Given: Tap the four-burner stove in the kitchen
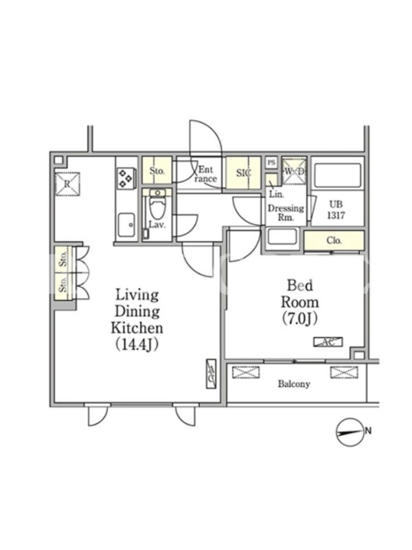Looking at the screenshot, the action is tap(126, 179).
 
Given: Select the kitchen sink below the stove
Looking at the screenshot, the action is tap(126, 225).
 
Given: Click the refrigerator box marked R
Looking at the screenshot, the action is tap(67, 184).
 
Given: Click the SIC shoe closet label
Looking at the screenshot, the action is tap(244, 173).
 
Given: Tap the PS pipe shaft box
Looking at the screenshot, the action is tap(271, 162).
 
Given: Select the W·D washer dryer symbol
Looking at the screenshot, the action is tap(295, 171).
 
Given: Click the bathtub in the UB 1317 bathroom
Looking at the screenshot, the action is tap(337, 175).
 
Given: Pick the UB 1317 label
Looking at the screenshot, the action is tap(336, 210).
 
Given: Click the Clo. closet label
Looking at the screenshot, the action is tap(334, 241).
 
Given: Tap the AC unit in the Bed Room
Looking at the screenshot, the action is tap(328, 342).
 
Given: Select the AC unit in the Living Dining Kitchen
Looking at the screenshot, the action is tap(211, 374).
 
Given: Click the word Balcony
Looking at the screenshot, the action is tap(294, 384).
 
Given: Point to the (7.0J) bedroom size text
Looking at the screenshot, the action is tap(299, 319).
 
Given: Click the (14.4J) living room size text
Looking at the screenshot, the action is tap(137, 345).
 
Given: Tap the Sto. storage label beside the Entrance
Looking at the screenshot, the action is tap(157, 170).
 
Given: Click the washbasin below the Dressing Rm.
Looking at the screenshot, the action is tap(282, 239).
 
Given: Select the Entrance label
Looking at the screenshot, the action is tap(205, 174).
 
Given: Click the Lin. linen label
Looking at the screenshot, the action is tap(277, 195).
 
